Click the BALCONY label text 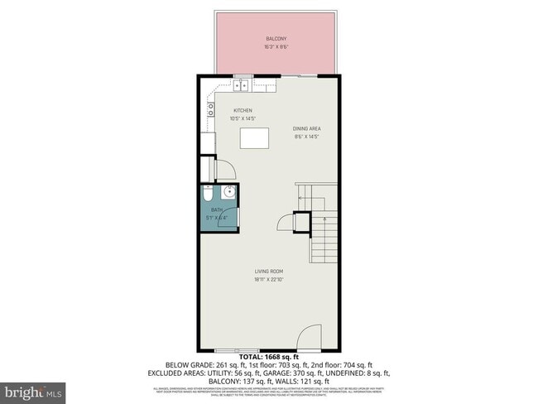pyautogui.click(x=276, y=39)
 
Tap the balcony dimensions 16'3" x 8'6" pyautogui.click(x=276, y=47)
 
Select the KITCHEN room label pyautogui.click(x=242, y=111)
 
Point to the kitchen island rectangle pyautogui.click(x=256, y=137)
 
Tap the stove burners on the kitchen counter pyautogui.click(x=210, y=107)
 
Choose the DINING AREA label pyautogui.click(x=306, y=128)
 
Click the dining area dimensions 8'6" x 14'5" pyautogui.click(x=306, y=137)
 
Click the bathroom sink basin pyautogui.click(x=229, y=195)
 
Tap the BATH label pyautogui.click(x=217, y=210)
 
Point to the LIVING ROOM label pyautogui.click(x=269, y=271)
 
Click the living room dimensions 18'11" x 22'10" pyautogui.click(x=269, y=279)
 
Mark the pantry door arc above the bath pyautogui.click(x=226, y=168)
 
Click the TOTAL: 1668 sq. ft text pyautogui.click(x=269, y=356)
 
